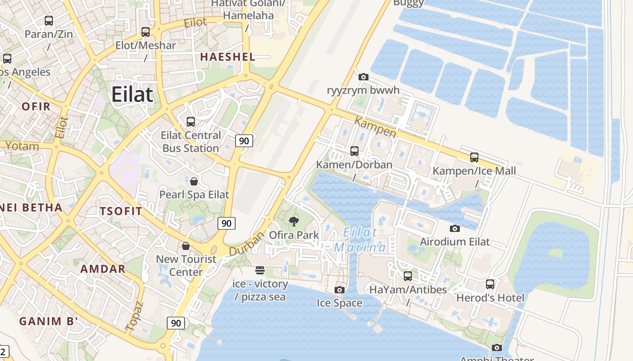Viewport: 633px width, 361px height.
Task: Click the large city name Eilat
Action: click(x=132, y=95)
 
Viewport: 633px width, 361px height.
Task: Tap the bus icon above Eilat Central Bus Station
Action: click(x=191, y=122)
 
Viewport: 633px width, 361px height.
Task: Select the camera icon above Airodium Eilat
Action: click(x=455, y=228)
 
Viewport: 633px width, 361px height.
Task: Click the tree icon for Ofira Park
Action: click(x=294, y=221)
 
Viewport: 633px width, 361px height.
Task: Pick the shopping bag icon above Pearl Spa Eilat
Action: click(x=194, y=181)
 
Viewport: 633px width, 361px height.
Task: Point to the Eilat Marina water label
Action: click(x=360, y=240)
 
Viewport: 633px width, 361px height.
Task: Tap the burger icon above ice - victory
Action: click(x=260, y=270)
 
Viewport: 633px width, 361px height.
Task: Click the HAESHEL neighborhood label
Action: click(x=227, y=57)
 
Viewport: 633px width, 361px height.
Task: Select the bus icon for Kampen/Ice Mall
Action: click(x=474, y=157)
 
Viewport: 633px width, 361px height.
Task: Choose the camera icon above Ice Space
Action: click(x=339, y=290)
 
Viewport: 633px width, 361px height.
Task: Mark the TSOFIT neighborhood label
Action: click(x=121, y=211)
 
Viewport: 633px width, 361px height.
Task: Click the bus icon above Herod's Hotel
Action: click(x=490, y=284)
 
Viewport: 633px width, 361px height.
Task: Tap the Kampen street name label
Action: click(x=375, y=127)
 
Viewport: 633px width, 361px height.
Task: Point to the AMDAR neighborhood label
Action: click(x=103, y=269)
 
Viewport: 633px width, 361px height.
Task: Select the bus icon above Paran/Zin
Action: click(x=48, y=21)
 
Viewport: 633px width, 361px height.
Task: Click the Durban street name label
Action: click(x=246, y=244)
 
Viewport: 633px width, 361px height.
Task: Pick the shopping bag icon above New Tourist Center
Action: click(x=186, y=246)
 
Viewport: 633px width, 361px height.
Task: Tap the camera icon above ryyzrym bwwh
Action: click(x=363, y=77)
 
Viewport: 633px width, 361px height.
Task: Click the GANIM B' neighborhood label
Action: click(x=48, y=321)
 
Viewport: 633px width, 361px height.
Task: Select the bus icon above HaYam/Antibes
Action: click(x=408, y=276)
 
